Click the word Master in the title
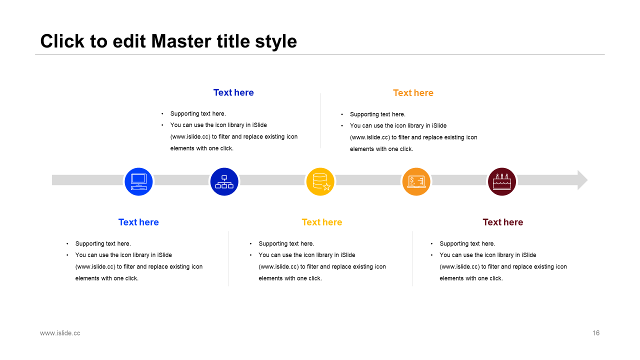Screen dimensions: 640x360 pyautogui.click(x=181, y=41)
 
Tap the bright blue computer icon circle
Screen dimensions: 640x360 pyautogui.click(x=138, y=181)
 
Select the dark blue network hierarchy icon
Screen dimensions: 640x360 pyautogui.click(x=224, y=181)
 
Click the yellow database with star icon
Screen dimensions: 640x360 pyautogui.click(x=320, y=181)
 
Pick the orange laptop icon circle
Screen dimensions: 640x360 pyautogui.click(x=416, y=181)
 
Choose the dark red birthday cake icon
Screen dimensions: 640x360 pyautogui.click(x=502, y=181)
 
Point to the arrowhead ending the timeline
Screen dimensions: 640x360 pyautogui.click(x=582, y=180)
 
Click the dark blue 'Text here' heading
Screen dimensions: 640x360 pyautogui.click(x=233, y=92)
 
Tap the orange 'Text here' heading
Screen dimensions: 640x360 pyautogui.click(x=413, y=93)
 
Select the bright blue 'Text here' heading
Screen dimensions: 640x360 pyautogui.click(x=138, y=222)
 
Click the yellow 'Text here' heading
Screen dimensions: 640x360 pyautogui.click(x=322, y=222)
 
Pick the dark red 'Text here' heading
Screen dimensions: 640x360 pyautogui.click(x=503, y=222)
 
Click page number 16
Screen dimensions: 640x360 pyautogui.click(x=596, y=333)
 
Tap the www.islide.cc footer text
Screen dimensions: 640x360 pyautogui.click(x=60, y=333)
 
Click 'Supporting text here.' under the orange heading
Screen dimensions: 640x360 pyautogui.click(x=377, y=114)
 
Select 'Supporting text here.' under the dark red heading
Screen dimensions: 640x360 pyautogui.click(x=467, y=243)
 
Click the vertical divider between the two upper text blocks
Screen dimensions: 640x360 pyautogui.click(x=320, y=120)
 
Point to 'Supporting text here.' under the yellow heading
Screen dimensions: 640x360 pyautogui.click(x=286, y=243)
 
